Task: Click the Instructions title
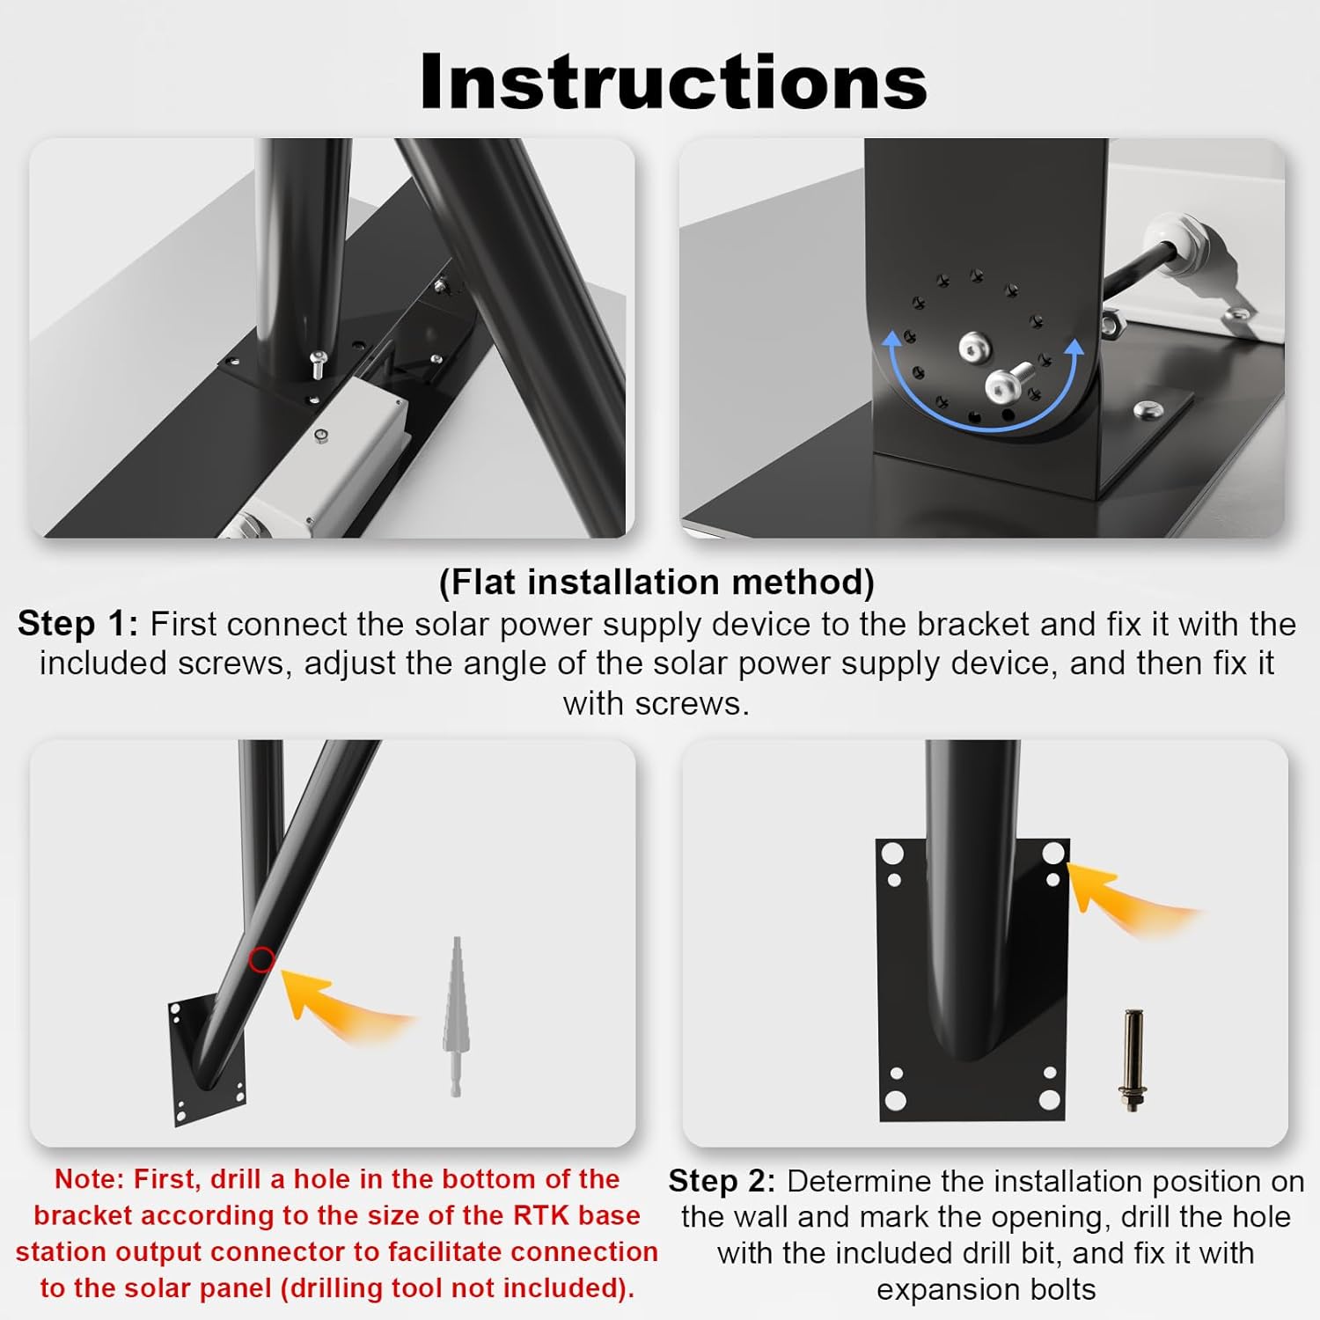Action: tap(673, 81)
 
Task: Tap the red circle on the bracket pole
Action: tap(261, 960)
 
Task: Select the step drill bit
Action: tap(454, 1016)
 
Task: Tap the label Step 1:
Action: tap(77, 623)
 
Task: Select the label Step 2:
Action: tap(722, 1180)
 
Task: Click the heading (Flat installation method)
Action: tap(656, 582)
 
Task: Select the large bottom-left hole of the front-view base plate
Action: tap(895, 1100)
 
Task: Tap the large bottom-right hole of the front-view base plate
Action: tap(1049, 1100)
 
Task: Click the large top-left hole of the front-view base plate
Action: tap(893, 854)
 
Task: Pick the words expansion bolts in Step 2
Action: tap(986, 1289)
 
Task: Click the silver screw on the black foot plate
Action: tap(1145, 408)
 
